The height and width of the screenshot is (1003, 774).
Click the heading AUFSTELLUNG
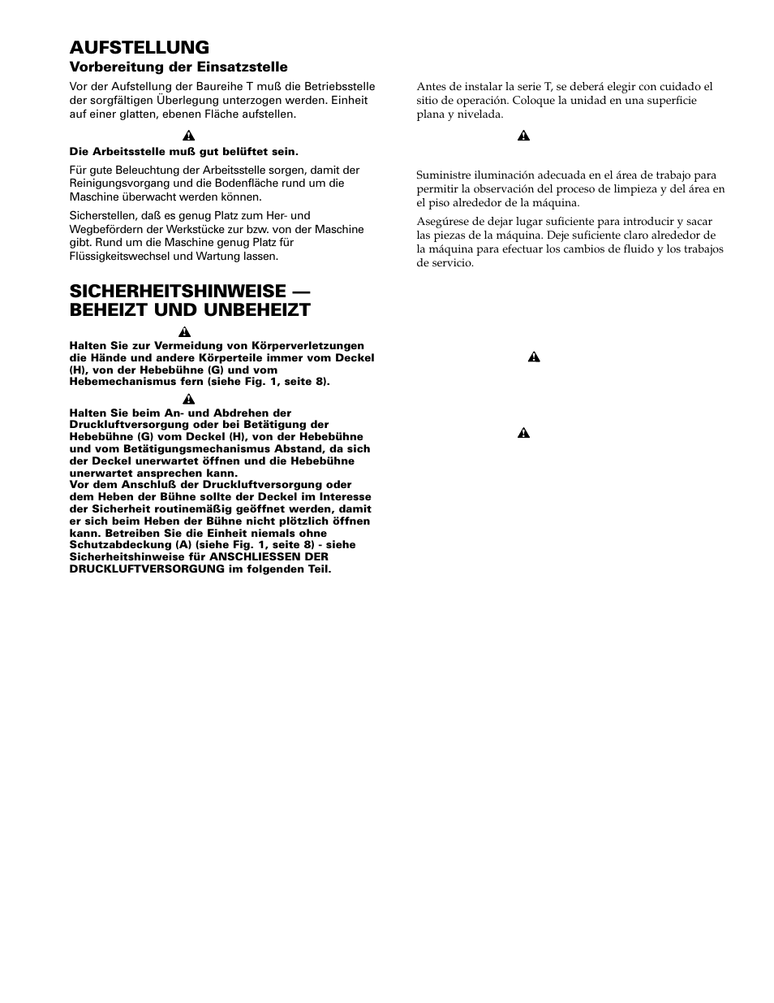tap(139, 47)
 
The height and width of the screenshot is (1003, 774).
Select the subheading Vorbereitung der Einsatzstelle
tap(178, 67)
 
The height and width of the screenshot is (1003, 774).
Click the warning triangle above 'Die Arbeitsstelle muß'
tap(186, 136)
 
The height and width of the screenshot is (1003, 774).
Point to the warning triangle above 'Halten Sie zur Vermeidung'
tap(186, 331)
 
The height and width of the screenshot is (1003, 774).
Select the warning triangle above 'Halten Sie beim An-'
tap(188, 398)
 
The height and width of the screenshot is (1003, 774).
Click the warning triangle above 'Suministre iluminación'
tap(523, 136)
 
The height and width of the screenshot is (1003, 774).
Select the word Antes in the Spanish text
tap(431, 87)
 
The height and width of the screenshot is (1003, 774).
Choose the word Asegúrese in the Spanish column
tap(443, 222)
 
